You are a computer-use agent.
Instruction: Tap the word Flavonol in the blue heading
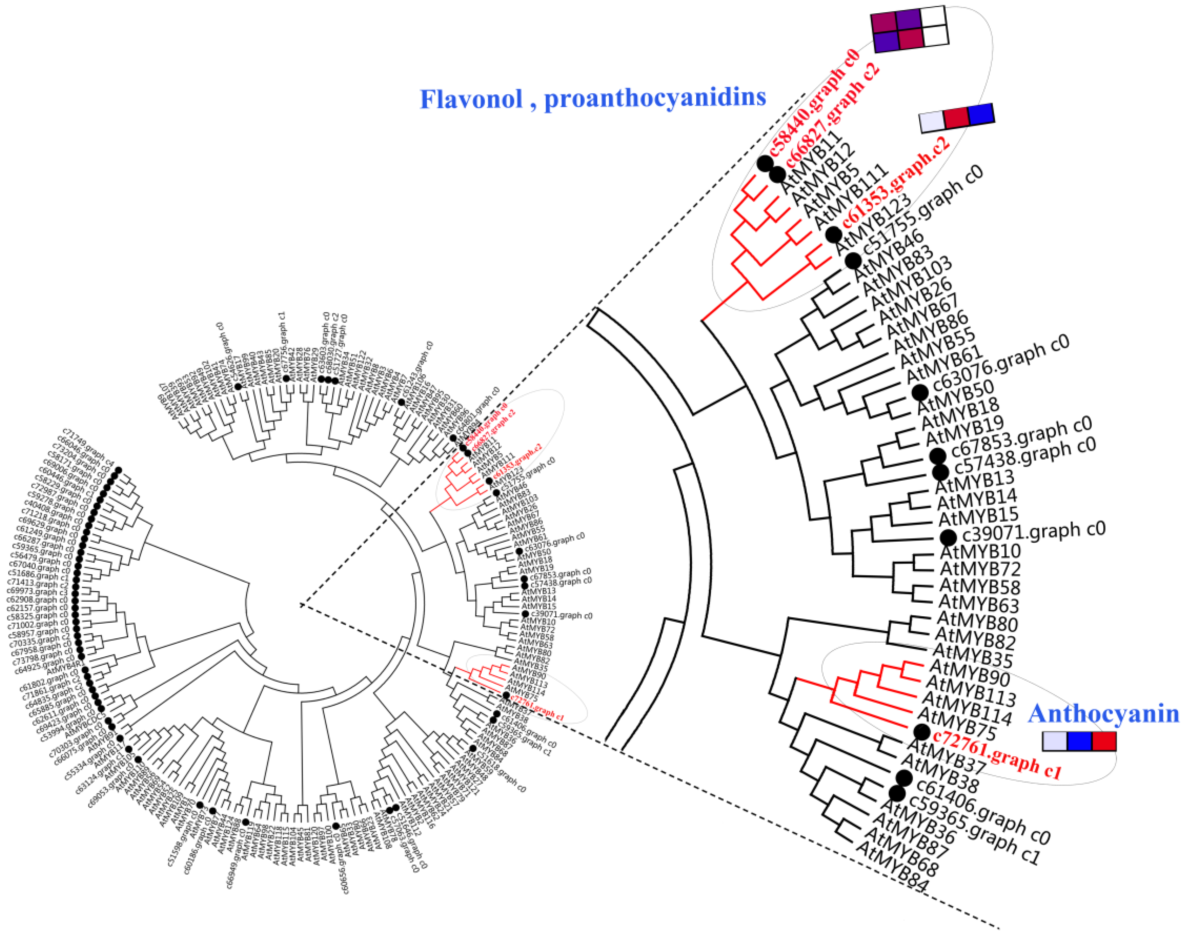point(470,99)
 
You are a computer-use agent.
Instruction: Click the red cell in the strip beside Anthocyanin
point(1103,741)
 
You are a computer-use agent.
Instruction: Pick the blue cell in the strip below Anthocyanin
point(1080,741)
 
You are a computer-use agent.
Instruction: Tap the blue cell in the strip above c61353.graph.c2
point(980,114)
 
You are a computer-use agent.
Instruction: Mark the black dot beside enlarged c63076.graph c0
point(920,392)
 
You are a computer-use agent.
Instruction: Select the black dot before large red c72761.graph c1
point(922,731)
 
